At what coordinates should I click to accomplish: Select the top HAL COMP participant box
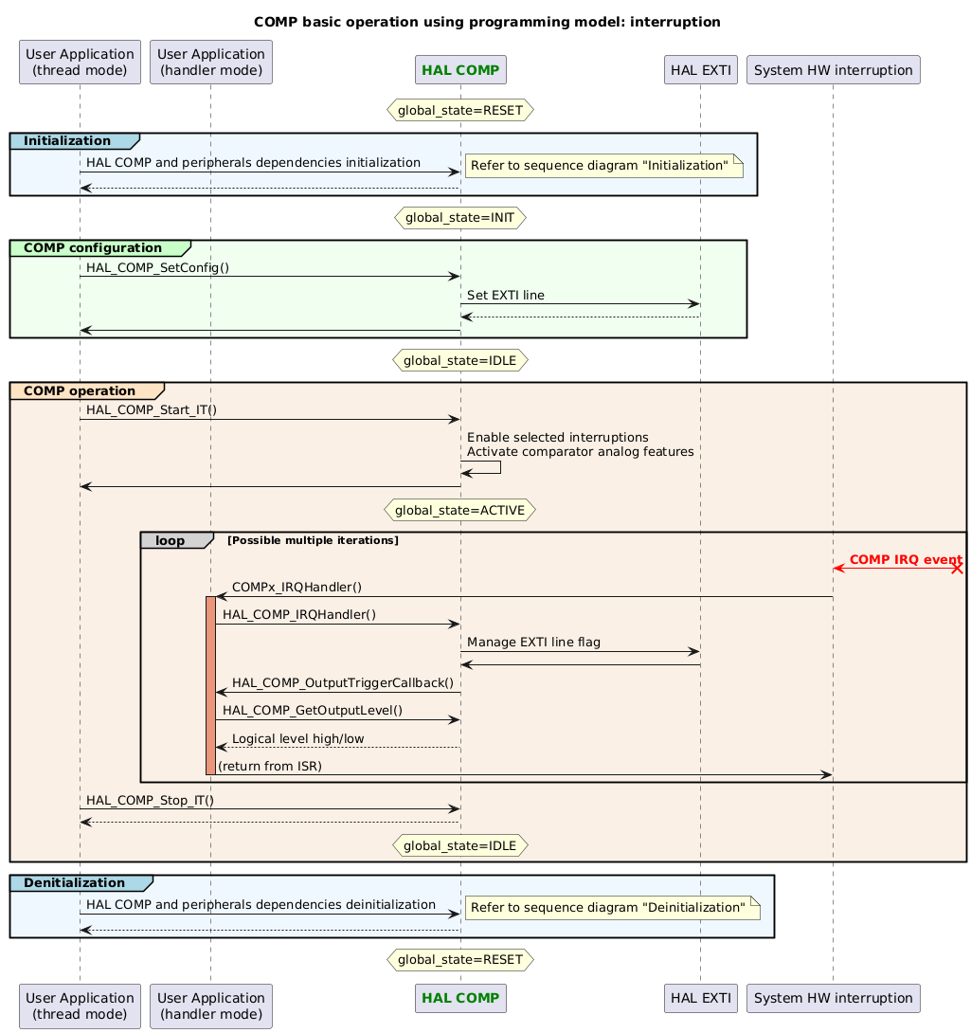point(460,70)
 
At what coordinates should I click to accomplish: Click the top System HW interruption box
point(833,70)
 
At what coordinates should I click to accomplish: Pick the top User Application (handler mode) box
point(210,63)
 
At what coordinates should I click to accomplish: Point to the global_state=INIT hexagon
point(459,217)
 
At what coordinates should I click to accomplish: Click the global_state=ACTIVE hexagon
point(459,510)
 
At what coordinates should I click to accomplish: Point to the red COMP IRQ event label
point(905,561)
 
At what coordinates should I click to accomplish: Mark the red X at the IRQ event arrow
point(957,569)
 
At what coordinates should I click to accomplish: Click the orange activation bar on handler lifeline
point(210,685)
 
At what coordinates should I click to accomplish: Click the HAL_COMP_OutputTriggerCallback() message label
point(343,682)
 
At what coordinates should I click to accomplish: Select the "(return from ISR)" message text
point(270,766)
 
